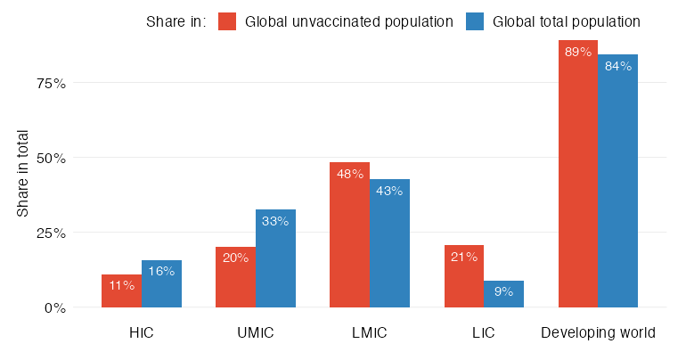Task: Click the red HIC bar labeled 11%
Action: (x=121, y=291)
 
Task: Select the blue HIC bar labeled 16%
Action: (x=161, y=284)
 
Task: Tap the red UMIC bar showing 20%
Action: (x=235, y=277)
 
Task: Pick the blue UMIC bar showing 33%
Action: (x=275, y=258)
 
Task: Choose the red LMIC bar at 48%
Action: (x=349, y=235)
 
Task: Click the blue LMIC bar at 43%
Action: (x=389, y=243)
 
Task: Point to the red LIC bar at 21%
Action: (x=463, y=276)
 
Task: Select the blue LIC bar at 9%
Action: (x=503, y=294)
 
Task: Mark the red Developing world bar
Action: (x=578, y=174)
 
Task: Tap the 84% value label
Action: (x=618, y=66)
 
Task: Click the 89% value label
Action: (x=578, y=52)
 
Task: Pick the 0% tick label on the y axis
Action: (x=54, y=308)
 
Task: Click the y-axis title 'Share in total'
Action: (x=23, y=174)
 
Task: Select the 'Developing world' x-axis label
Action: (x=599, y=333)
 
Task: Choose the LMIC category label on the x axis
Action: (x=370, y=333)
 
